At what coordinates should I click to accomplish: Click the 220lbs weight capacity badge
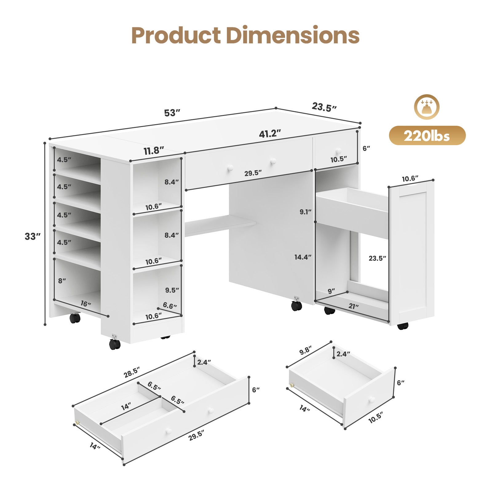click(x=427, y=136)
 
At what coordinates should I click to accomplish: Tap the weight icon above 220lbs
click(x=427, y=107)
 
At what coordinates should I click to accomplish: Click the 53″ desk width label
click(x=172, y=113)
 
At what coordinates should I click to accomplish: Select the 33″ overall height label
click(x=33, y=236)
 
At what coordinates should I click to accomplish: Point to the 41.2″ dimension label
click(x=270, y=134)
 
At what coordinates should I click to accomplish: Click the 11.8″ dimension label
click(x=154, y=151)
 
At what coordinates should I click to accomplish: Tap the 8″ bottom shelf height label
click(x=62, y=281)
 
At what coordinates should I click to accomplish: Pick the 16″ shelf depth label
click(x=86, y=304)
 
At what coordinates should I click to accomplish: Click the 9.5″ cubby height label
click(x=172, y=290)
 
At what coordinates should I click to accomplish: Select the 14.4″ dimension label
click(x=303, y=257)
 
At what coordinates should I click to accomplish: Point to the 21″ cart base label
click(x=354, y=306)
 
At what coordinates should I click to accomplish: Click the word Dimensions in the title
click(x=292, y=35)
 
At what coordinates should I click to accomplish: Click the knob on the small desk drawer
click(x=339, y=151)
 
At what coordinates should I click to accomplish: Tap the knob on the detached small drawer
click(x=372, y=399)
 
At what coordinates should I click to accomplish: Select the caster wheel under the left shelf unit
click(x=75, y=318)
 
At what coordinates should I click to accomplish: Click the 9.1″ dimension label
click(x=305, y=212)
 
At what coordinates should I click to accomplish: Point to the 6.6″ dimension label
click(x=170, y=306)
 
